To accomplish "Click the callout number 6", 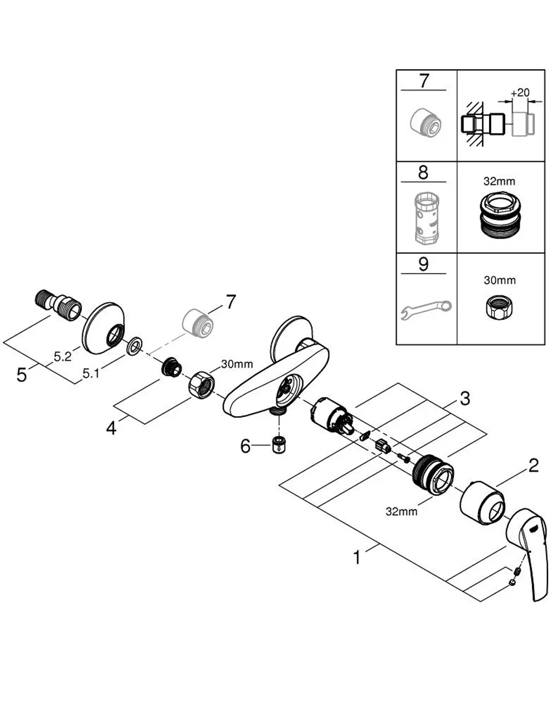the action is pyautogui.click(x=245, y=445).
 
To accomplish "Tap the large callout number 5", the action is pyautogui.click(x=22, y=375).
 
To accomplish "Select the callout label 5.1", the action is pyautogui.click(x=91, y=373).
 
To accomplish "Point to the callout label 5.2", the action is pyautogui.click(x=63, y=357).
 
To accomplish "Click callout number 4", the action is pyautogui.click(x=111, y=428).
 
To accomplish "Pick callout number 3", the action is pyautogui.click(x=465, y=398).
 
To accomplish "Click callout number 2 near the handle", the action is pyautogui.click(x=534, y=465).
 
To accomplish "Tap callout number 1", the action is pyautogui.click(x=357, y=557).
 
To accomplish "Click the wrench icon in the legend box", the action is pyautogui.click(x=426, y=309).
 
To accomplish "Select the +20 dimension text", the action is pyautogui.click(x=520, y=93).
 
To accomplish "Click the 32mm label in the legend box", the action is pyautogui.click(x=499, y=181).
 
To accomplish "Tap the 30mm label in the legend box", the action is pyautogui.click(x=500, y=280).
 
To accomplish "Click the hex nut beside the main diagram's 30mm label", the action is pyautogui.click(x=202, y=385).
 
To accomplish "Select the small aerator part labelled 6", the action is pyautogui.click(x=278, y=444).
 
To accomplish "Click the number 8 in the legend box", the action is pyautogui.click(x=423, y=172).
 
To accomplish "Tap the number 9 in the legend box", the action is pyautogui.click(x=423, y=264).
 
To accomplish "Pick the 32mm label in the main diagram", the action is pyautogui.click(x=402, y=512).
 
